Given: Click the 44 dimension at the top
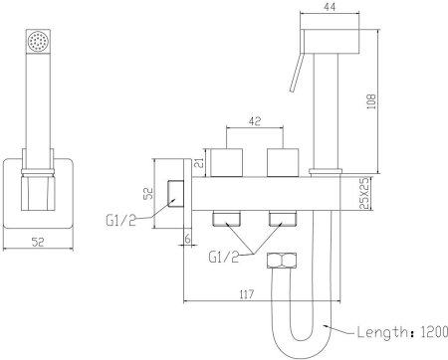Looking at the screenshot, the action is (x=330, y=7).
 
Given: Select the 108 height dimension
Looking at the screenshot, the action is (x=371, y=101).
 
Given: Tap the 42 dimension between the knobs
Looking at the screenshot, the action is (x=255, y=121).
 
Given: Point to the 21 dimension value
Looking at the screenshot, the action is (x=198, y=163).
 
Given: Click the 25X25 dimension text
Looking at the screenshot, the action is (x=364, y=194).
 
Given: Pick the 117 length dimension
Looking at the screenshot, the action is (x=246, y=293).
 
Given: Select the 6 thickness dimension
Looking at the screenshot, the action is (x=188, y=239).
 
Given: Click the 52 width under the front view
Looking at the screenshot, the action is (x=38, y=242).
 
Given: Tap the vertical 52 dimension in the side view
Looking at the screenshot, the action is (x=148, y=194).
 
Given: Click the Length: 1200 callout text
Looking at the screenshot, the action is (x=402, y=332).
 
